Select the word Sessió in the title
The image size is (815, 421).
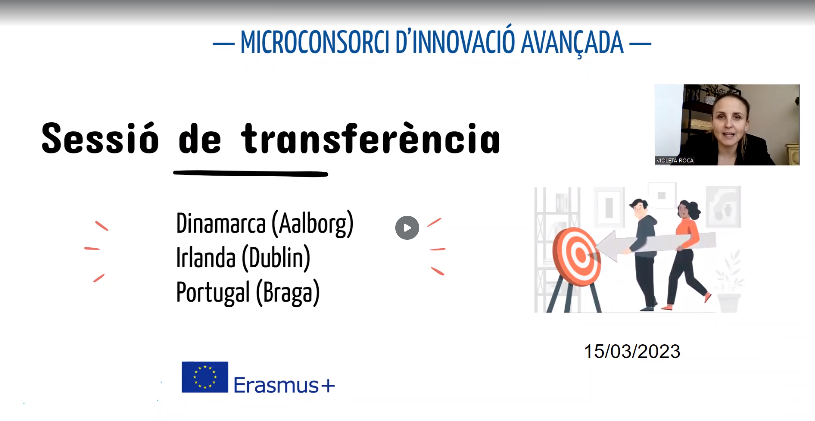[x=100, y=138]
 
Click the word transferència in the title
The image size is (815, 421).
[x=370, y=138]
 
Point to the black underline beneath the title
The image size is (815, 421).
[x=251, y=174]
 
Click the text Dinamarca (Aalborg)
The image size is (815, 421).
[x=265, y=224]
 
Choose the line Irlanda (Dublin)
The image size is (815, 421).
[x=243, y=258]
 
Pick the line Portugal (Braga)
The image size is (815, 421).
[x=248, y=293]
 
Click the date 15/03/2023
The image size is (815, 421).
[x=632, y=352]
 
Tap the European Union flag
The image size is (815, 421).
[x=205, y=377]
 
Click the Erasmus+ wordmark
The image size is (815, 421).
[x=284, y=385]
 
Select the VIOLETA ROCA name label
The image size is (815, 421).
[x=675, y=161]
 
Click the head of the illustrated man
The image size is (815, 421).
[x=639, y=208]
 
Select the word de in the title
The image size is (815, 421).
[x=200, y=138]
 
